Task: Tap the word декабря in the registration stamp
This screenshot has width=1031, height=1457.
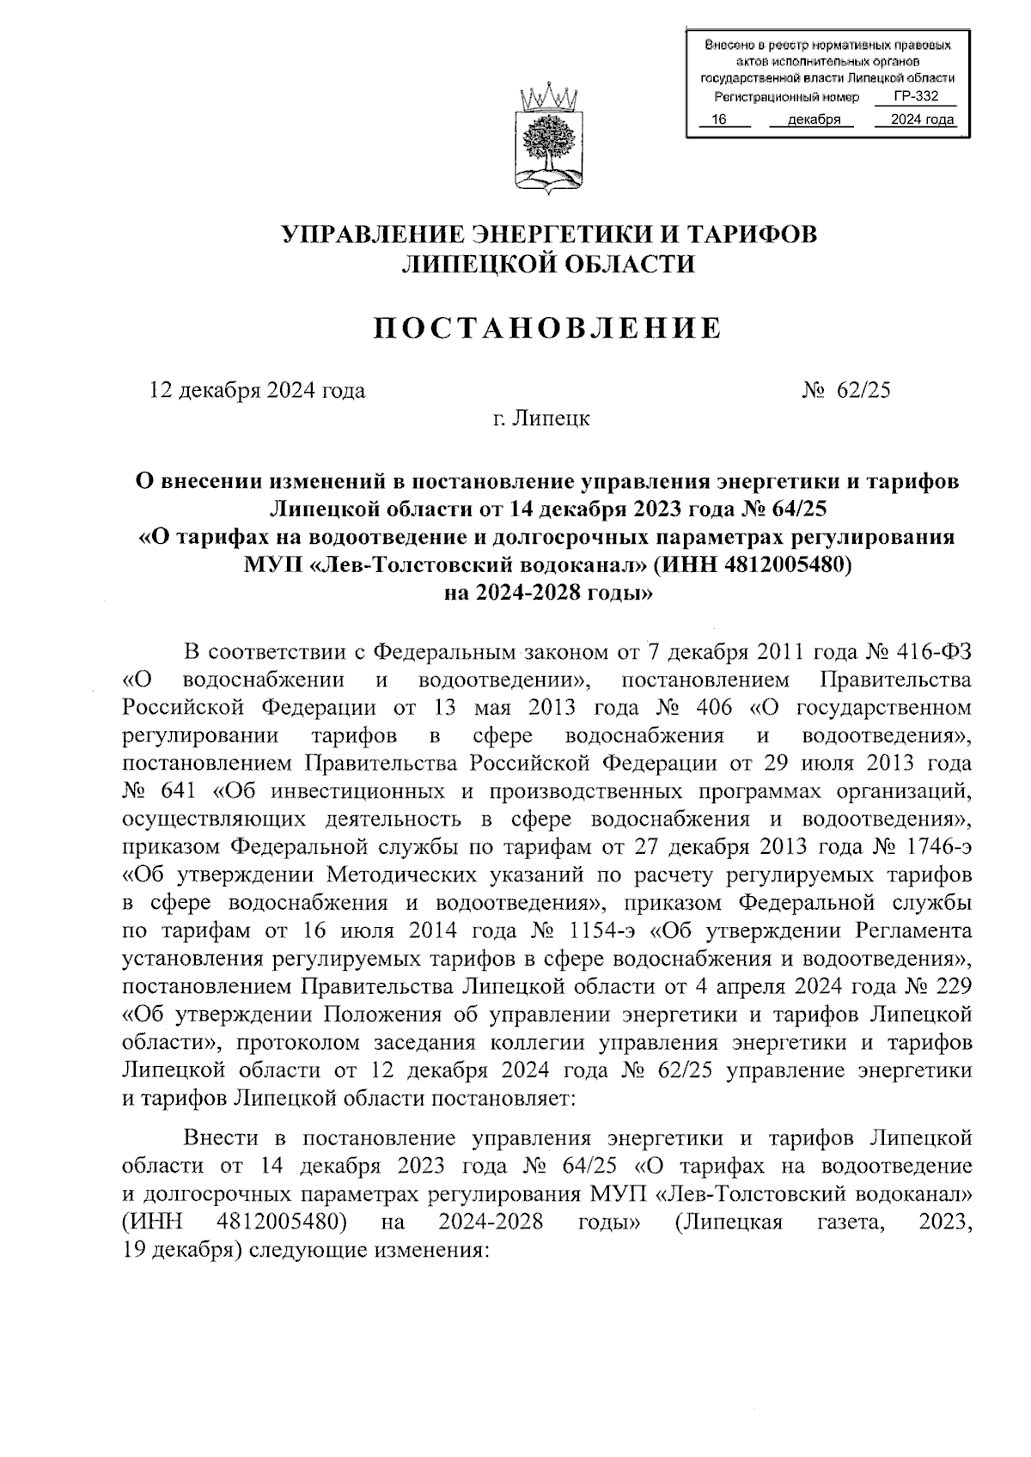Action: tap(813, 120)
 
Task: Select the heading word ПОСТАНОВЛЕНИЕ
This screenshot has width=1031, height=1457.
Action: tap(547, 327)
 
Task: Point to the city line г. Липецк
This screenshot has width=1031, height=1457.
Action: tap(540, 419)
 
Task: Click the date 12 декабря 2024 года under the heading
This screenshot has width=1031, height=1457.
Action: tap(258, 390)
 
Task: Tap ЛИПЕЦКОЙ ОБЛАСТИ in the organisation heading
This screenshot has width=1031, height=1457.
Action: tap(548, 264)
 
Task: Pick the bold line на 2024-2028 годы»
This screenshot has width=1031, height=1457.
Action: tap(548, 593)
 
